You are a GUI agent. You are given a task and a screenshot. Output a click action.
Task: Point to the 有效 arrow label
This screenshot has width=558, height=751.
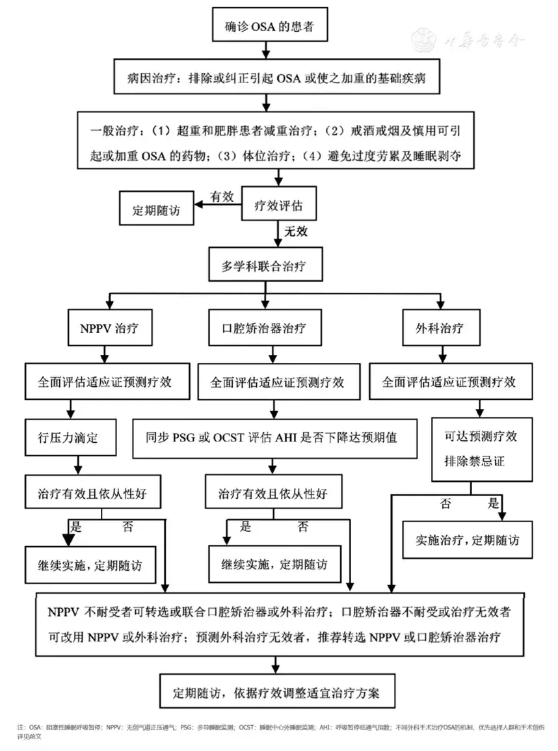(221, 196)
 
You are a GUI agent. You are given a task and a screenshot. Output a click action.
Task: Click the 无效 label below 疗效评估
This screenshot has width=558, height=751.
(296, 231)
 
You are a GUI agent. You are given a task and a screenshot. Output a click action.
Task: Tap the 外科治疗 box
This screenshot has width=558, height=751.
(441, 328)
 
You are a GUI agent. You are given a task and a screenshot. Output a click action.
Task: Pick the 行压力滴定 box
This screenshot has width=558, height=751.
(71, 437)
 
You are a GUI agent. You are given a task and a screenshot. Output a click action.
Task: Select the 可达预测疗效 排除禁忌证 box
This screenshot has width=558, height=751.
(478, 449)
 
